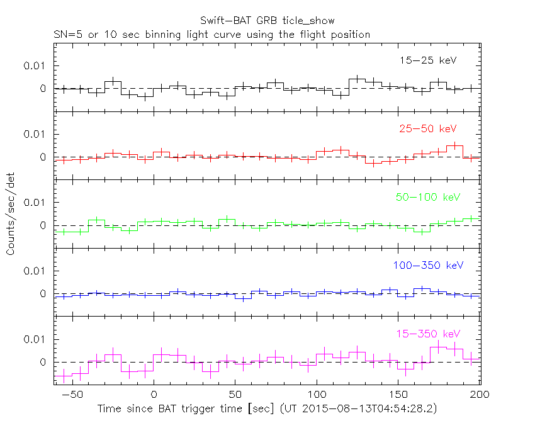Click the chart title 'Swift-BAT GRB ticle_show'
pos(267,21)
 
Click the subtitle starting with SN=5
pos(212,34)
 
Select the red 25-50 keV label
pos(427,128)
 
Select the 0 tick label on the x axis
pos(154,395)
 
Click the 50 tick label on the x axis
pos(235,395)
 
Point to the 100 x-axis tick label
pos(317,395)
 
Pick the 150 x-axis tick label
pos(398,395)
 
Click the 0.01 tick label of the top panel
pos(35,65)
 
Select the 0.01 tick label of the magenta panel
pos(35,339)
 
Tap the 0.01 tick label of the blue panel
pos(35,271)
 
